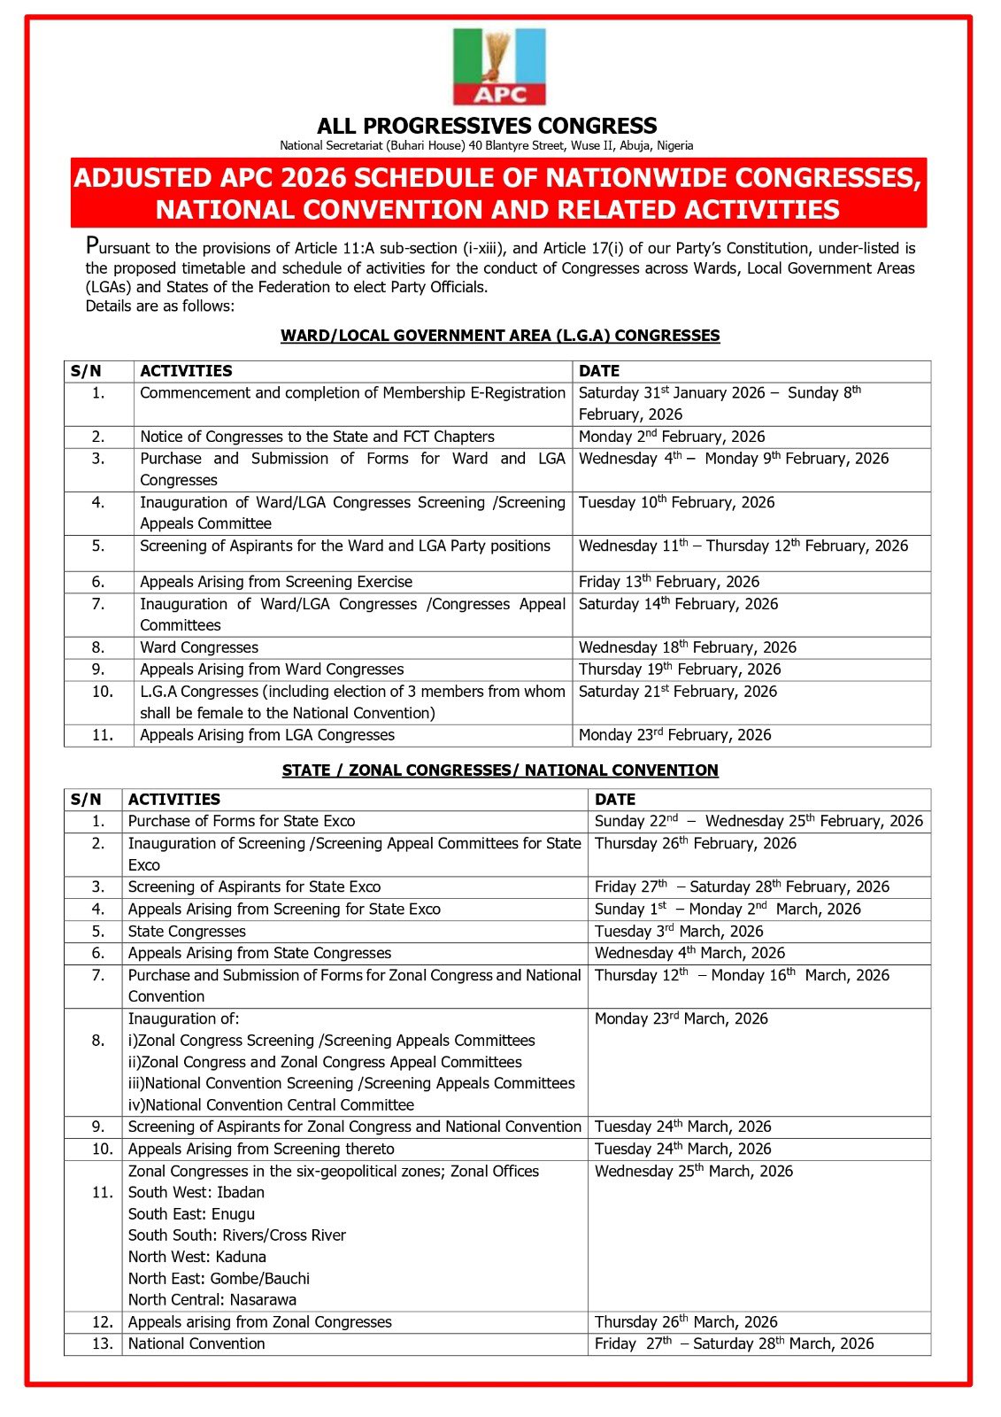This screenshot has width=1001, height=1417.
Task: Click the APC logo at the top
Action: [x=499, y=67]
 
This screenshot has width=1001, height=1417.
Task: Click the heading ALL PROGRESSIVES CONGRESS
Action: [x=487, y=126]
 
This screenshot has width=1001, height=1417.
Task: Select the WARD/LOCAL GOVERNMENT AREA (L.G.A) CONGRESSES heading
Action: [x=500, y=336]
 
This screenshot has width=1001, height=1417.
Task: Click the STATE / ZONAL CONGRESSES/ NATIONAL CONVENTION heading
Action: [x=500, y=770]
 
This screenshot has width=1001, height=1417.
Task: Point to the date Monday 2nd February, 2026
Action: [x=671, y=437]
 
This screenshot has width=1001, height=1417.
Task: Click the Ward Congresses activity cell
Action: [x=199, y=647]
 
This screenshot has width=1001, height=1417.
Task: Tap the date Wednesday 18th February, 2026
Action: [x=687, y=647]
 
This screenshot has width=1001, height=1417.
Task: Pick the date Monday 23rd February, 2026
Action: [x=674, y=735]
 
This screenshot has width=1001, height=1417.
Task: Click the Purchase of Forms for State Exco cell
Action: [x=242, y=821]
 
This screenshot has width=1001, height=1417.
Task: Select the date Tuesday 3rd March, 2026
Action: [x=678, y=932]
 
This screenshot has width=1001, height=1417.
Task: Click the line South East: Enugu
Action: [x=191, y=1214]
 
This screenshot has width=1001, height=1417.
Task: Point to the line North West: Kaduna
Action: [x=196, y=1258]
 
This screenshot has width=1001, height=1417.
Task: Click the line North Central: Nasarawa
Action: [x=212, y=1300]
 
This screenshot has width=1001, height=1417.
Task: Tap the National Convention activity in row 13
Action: [x=196, y=1343]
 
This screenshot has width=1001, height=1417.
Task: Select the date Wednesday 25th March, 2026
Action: [x=693, y=1171]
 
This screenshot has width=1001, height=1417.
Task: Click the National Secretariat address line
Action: [x=487, y=145]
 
